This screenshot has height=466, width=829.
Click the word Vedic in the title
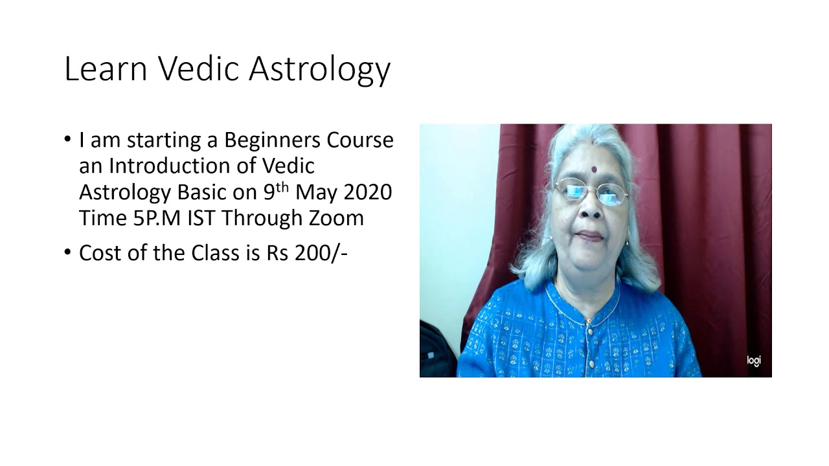(197, 68)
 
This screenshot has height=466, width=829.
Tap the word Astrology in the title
(320, 69)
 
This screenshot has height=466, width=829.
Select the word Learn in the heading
(106, 68)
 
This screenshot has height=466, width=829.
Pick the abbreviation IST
(202, 218)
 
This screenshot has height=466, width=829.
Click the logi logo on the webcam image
(754, 361)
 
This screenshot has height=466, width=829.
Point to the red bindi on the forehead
(593, 170)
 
